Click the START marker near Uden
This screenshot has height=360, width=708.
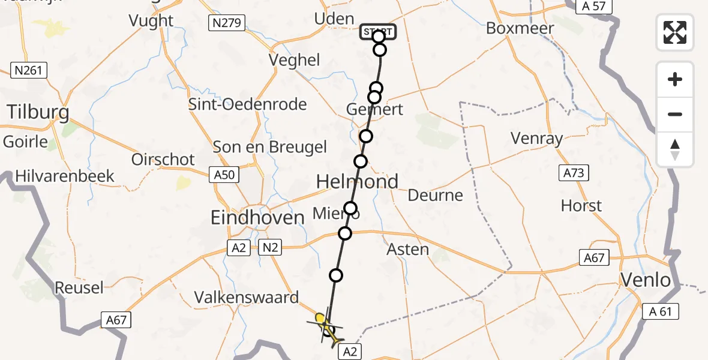[378, 31]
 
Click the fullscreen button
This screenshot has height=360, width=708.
[675, 32]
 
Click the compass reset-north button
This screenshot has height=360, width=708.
[675, 149]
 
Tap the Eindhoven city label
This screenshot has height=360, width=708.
[258, 218]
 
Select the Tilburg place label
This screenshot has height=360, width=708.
[38, 112]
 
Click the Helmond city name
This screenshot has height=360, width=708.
[357, 181]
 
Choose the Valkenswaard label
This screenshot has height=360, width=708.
[247, 298]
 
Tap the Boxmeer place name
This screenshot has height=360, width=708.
[520, 28]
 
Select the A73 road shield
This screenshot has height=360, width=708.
[572, 173]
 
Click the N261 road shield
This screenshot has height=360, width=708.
[29, 71]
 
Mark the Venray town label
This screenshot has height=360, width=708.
[537, 139]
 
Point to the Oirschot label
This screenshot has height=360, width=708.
[163, 160]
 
